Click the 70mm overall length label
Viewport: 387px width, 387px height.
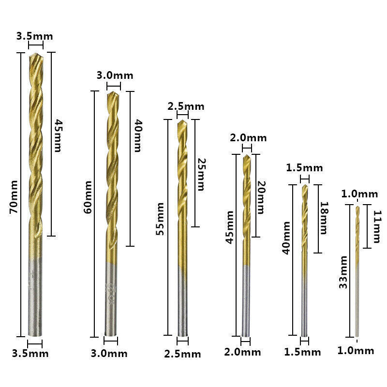coord(14,197)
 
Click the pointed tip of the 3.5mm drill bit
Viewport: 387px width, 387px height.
coord(35,54)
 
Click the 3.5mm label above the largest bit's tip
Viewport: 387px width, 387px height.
coord(35,36)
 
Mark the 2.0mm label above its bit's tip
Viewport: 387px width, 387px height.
coord(248,138)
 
